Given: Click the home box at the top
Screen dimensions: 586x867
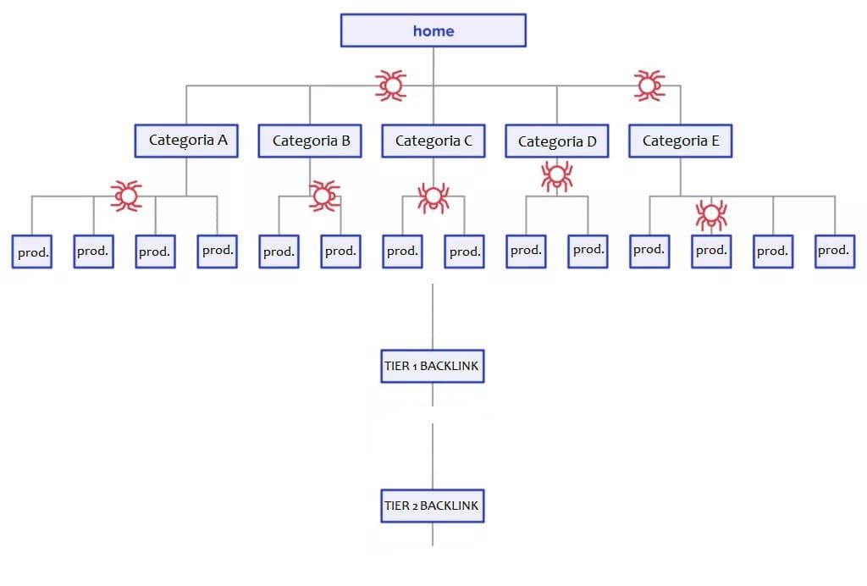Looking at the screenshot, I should tap(433, 30).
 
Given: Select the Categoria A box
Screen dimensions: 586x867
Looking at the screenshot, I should tap(186, 141).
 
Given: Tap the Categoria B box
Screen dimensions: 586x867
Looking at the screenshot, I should tap(310, 141).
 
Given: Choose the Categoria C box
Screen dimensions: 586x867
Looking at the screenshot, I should tap(433, 141).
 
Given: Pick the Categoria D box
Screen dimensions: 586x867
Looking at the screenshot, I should tap(556, 141).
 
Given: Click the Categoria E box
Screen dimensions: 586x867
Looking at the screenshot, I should tap(680, 141).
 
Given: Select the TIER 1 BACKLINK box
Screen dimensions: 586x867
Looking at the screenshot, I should tap(432, 367).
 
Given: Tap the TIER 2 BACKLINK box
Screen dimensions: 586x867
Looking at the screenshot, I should tap(432, 506).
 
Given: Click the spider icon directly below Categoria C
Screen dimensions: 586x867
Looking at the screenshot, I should tap(433, 198).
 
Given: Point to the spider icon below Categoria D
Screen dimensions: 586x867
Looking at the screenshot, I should tap(556, 176).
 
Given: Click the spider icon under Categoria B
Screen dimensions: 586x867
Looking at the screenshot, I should tap(323, 196).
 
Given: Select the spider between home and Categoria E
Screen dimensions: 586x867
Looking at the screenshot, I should tap(649, 85).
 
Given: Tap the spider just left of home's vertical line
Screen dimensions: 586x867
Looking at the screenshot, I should tap(390, 85).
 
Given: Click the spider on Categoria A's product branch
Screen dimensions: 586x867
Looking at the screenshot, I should tap(126, 196).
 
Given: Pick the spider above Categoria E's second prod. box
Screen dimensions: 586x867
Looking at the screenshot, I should tap(710, 214).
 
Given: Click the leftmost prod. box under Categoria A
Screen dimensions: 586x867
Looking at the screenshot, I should tap(31, 252).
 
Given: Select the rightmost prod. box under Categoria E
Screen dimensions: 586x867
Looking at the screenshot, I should tap(834, 251).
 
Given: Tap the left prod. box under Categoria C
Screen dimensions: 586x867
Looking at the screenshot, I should tap(402, 252).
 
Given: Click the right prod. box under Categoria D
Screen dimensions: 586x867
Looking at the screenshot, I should tap(588, 251).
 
